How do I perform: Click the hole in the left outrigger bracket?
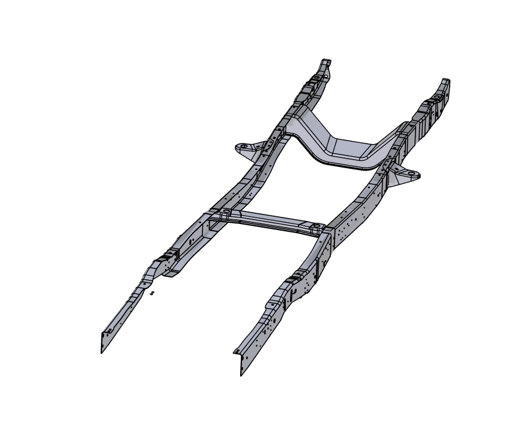click(243, 146)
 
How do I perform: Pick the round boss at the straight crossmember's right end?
click(313, 228)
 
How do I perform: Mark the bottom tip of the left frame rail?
click(102, 351)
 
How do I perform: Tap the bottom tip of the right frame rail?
click(241, 374)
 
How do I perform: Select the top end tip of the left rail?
click(326, 61)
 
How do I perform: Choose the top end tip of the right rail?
click(446, 80)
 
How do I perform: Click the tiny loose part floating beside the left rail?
click(153, 292)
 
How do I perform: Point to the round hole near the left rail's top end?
click(316, 77)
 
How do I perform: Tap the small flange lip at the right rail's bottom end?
click(237, 353)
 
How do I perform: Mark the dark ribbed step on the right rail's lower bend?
click(294, 278)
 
